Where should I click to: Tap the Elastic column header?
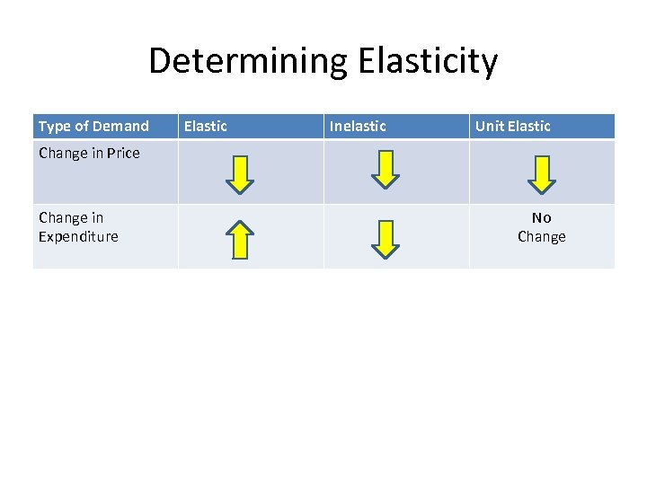coord(206,126)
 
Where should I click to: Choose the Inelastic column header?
coord(358,126)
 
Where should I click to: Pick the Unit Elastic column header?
coord(512,126)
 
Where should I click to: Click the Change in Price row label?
coord(89,153)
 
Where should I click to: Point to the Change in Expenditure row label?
coord(78,227)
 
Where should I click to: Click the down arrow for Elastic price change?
coord(240,173)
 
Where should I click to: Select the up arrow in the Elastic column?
coord(240,239)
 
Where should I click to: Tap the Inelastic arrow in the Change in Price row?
coord(386,171)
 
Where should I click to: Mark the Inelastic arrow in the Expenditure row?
coord(386,239)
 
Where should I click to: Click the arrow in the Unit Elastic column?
coord(542,173)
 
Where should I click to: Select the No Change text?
coord(541,227)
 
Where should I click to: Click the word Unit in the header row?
coord(490,126)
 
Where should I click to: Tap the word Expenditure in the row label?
coord(78,236)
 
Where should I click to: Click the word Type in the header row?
coord(54,126)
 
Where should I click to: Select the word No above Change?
coord(541,217)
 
